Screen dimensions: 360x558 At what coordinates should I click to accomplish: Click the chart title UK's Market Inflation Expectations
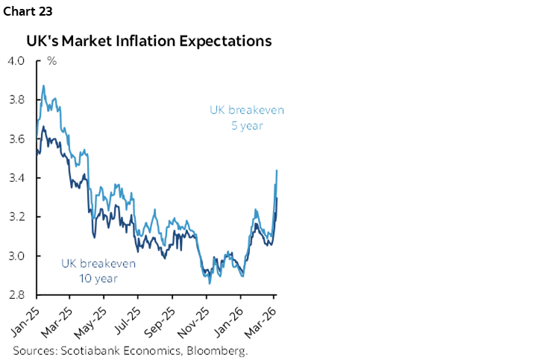[149, 41]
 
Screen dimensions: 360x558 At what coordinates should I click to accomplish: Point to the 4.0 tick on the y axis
[16, 60]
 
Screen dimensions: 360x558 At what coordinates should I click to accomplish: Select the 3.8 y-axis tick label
[16, 100]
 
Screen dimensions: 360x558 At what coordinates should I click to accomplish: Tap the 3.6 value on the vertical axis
[16, 139]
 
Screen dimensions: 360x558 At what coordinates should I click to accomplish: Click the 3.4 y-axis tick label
[16, 178]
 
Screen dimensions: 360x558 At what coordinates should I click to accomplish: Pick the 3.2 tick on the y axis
[16, 217]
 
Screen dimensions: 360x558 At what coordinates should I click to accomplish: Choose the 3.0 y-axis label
[16, 256]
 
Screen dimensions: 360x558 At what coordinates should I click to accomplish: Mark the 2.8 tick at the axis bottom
[16, 295]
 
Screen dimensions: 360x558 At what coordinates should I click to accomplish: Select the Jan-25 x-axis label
[25, 319]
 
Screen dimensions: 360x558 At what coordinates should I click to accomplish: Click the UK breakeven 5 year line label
[246, 118]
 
